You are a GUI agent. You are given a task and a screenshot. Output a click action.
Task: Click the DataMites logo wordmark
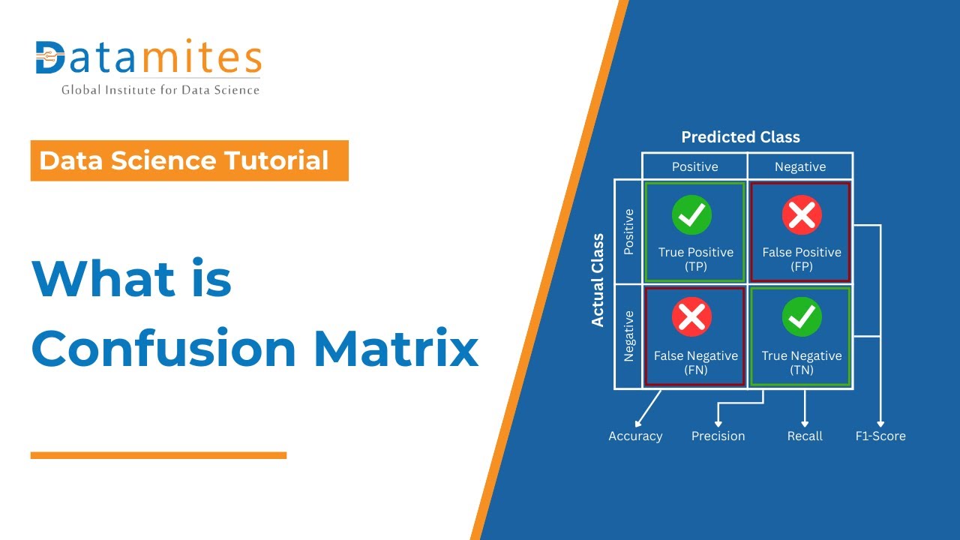[x=148, y=58]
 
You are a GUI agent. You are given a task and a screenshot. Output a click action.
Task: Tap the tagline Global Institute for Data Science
[x=160, y=90]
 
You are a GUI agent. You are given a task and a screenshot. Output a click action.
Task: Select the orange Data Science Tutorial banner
[x=189, y=160]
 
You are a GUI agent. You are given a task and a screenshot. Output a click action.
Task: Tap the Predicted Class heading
[x=740, y=137]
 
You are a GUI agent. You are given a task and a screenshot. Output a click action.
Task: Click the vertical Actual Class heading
[x=598, y=280]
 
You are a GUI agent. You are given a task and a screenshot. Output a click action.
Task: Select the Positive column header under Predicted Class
[x=694, y=166]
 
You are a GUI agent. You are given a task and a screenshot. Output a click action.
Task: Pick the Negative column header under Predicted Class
[x=800, y=166]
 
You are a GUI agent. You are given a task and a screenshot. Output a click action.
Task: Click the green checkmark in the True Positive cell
[x=692, y=215]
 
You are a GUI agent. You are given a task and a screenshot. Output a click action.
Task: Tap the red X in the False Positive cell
[x=802, y=215]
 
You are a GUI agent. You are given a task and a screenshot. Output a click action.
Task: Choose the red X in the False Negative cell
[x=692, y=318]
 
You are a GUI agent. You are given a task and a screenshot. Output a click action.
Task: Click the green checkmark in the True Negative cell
[x=802, y=318]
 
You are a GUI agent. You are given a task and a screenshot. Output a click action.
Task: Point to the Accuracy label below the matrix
[x=635, y=436]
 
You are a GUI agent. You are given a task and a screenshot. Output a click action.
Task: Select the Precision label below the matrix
[x=718, y=436]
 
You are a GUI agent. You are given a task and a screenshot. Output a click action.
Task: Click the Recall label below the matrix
[x=805, y=436]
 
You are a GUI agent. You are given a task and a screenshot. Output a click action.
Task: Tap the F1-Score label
[x=880, y=436]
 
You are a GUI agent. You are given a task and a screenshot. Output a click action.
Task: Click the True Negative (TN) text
[x=802, y=362]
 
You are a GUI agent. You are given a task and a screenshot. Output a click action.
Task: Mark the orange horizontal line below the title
[x=158, y=455]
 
